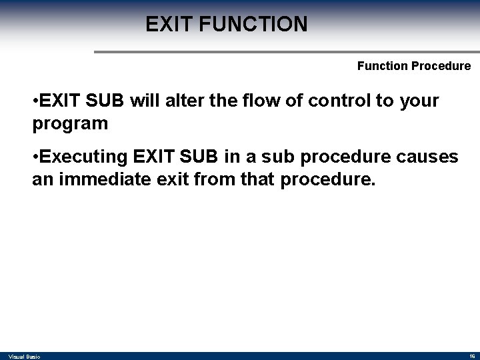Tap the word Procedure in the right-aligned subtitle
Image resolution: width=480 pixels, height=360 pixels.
pyautogui.click(x=444, y=66)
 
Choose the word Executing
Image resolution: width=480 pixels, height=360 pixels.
pyautogui.click(x=83, y=157)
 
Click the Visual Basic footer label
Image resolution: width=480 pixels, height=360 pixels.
pyautogui.click(x=25, y=357)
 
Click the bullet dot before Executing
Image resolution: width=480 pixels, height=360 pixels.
pyautogui.click(x=35, y=157)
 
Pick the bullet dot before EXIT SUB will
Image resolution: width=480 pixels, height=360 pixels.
pyautogui.click(x=35, y=101)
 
